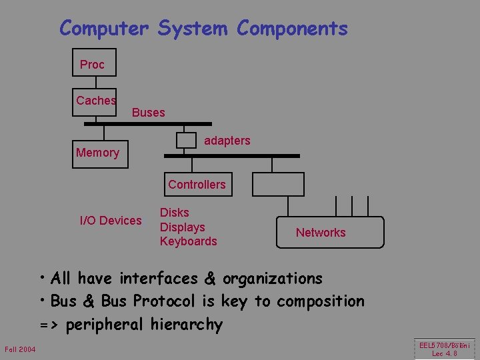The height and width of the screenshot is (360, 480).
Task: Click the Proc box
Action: pos(94,63)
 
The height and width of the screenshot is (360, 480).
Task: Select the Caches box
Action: pos(95,102)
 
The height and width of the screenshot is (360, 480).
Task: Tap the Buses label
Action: pos(148,113)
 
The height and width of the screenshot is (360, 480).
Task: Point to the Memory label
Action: pos(97,153)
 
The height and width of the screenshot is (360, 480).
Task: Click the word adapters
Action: pos(227,141)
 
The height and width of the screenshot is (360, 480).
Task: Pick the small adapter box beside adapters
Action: pos(186,140)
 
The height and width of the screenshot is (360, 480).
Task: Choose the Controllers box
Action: pos(197,184)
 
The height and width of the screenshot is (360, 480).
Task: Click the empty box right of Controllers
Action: pos(271,184)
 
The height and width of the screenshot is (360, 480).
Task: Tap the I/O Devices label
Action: pos(111,221)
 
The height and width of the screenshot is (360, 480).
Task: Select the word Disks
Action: pos(175,213)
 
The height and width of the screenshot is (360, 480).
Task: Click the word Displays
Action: pos(183,227)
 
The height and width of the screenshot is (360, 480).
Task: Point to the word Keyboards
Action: pos(189,241)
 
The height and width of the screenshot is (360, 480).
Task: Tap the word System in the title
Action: pos(193,29)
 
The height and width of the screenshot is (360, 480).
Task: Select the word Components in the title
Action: pos(292,29)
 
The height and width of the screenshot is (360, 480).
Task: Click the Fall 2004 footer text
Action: pos(20,349)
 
